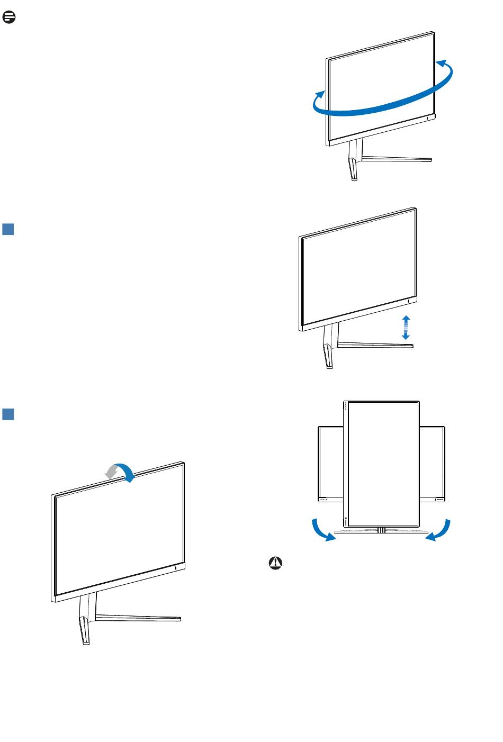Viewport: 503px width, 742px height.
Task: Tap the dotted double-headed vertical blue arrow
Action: [405, 327]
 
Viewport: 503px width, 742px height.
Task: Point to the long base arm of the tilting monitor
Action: [138, 618]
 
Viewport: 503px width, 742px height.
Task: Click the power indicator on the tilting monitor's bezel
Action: [176, 568]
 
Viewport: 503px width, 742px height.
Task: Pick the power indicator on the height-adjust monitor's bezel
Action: [409, 301]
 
